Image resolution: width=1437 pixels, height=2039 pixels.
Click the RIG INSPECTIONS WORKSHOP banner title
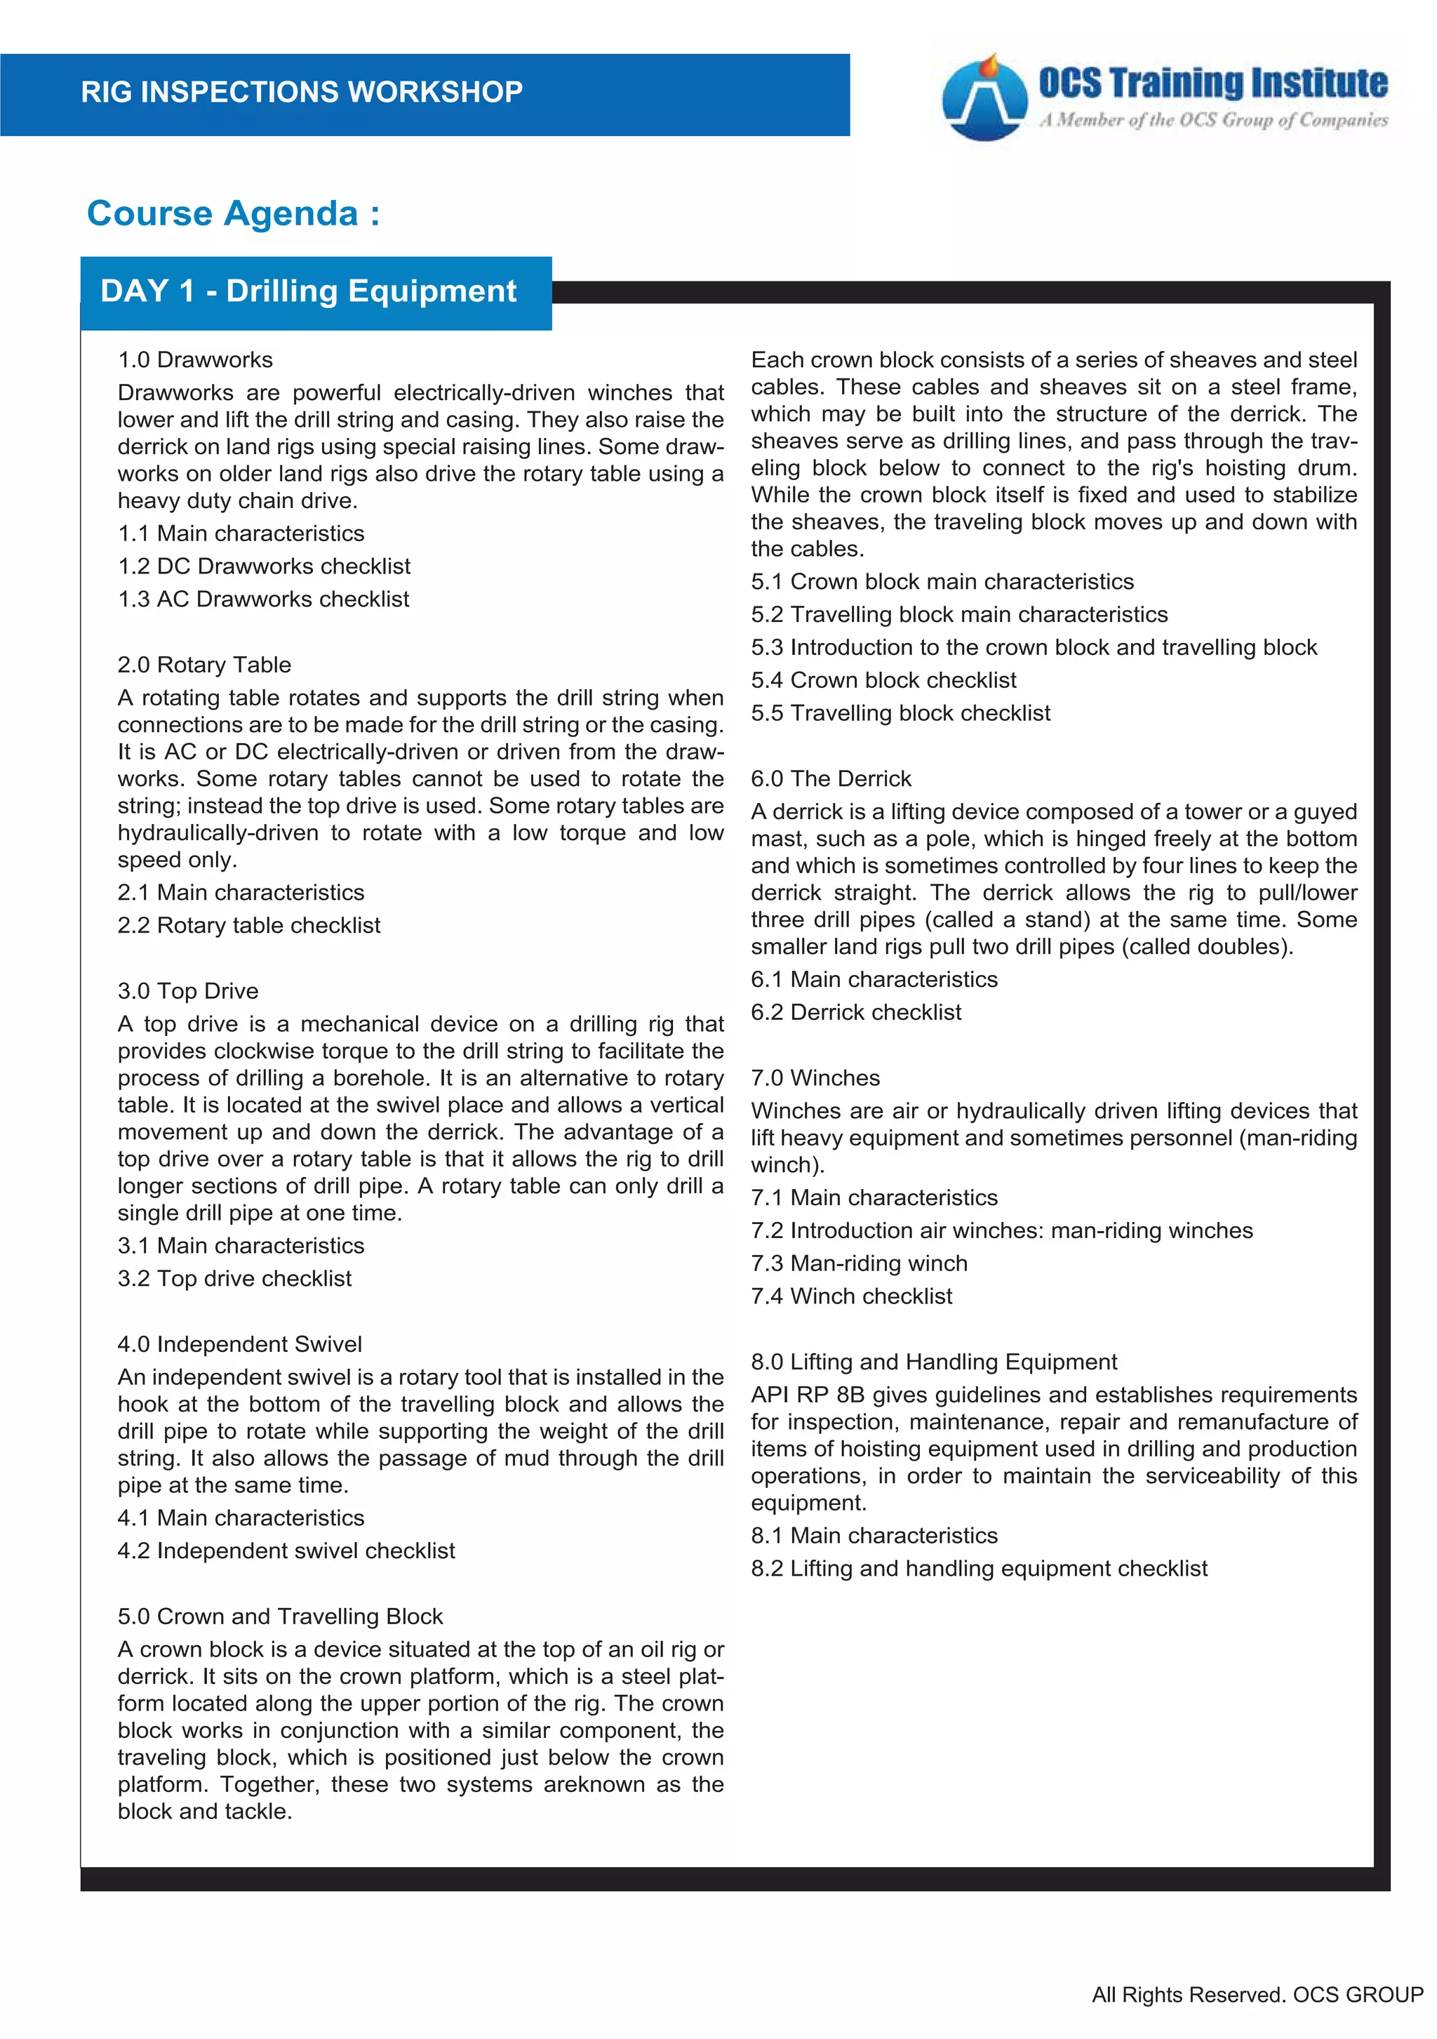point(302,91)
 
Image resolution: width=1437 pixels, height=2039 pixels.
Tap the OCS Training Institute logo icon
point(984,98)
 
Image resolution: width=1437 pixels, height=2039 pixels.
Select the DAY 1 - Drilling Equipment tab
point(309,291)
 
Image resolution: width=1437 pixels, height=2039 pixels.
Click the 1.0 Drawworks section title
point(195,359)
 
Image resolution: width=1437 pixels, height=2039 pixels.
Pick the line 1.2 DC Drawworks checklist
point(264,566)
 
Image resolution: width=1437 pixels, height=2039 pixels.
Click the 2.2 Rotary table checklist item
point(248,924)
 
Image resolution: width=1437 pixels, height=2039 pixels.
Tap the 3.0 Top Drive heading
point(188,990)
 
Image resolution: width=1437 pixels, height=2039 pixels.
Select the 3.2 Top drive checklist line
point(234,1278)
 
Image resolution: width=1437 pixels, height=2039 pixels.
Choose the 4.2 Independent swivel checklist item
point(286,1550)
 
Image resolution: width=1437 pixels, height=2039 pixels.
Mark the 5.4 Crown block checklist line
point(883,679)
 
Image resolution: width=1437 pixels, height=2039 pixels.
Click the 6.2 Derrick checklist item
point(855,1011)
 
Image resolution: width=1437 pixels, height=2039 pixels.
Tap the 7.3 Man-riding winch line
point(859,1263)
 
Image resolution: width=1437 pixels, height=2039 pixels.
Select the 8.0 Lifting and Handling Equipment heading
point(934,1362)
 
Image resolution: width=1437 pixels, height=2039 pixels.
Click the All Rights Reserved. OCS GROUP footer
point(1257,1995)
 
